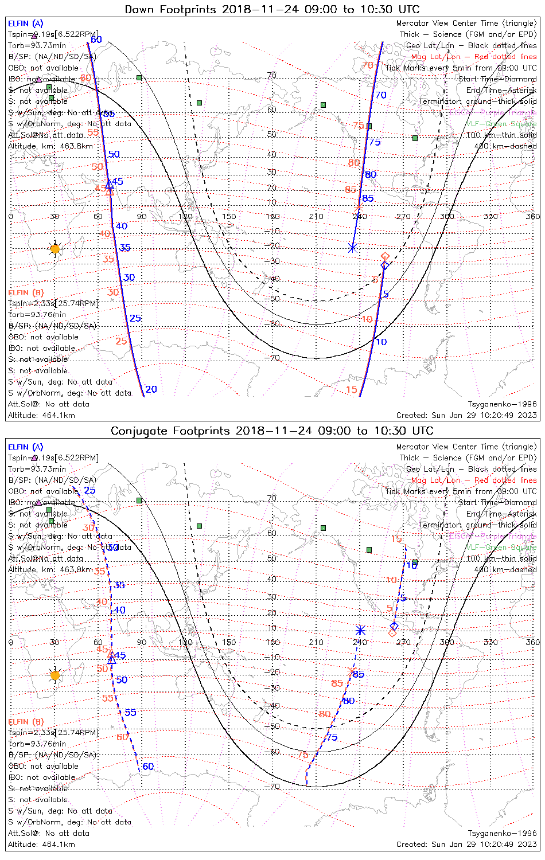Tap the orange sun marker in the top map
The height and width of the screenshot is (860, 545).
[x=54, y=249]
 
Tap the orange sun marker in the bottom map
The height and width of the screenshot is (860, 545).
[x=54, y=675]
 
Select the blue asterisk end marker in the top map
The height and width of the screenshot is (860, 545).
[x=352, y=248]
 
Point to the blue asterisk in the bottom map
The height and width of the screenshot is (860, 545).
[x=360, y=630]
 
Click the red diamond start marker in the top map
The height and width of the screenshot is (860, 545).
[x=386, y=256]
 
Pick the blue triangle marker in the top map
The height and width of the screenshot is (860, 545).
[x=109, y=183]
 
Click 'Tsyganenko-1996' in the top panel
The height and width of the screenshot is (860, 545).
[x=502, y=404]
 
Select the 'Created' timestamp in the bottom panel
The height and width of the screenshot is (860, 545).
[x=466, y=844]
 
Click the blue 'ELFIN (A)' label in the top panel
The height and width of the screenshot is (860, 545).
[x=26, y=24]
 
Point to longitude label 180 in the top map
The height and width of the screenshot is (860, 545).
[x=272, y=216]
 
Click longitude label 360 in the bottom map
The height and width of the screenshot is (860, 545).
[x=532, y=642]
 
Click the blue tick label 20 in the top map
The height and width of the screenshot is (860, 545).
[x=151, y=389]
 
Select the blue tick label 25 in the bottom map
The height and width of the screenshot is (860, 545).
[x=89, y=490]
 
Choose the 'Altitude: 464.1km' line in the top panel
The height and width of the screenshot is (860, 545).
[x=41, y=415]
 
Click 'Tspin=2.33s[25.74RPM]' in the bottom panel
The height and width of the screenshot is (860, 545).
[x=53, y=732]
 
